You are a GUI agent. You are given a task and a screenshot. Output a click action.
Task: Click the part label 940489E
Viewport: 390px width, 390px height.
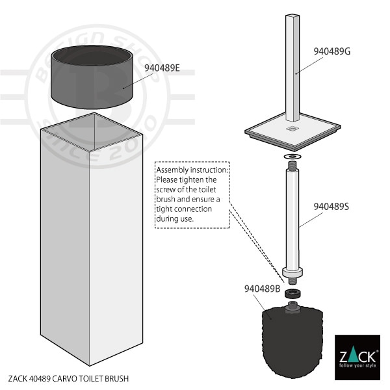point(162,68)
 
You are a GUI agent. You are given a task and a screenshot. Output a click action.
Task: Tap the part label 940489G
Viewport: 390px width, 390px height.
point(331,51)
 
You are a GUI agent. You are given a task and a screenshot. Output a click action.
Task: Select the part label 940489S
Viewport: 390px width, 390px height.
point(331,207)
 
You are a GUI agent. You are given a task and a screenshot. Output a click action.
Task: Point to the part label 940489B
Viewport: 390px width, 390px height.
point(262,289)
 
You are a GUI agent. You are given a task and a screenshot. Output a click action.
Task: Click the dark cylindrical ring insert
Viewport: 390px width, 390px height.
point(92,77)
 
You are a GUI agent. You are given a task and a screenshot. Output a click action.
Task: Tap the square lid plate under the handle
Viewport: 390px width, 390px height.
point(292,132)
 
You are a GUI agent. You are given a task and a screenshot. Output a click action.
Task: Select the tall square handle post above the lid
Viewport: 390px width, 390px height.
point(292,68)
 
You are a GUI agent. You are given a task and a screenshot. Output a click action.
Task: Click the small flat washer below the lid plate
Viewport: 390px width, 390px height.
point(292,157)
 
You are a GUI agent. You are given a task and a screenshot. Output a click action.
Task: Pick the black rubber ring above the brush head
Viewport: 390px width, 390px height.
point(292,293)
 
